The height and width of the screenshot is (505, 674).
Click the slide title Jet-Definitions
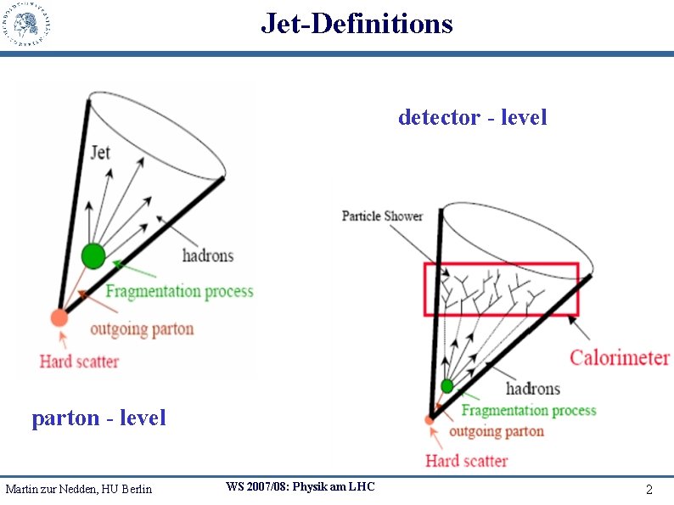pos(357,23)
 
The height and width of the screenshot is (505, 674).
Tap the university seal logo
pos(26,25)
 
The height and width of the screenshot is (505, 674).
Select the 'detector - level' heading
pos(472,117)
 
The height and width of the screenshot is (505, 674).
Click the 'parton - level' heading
pos(98,418)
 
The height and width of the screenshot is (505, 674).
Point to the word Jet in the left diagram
pos(100,154)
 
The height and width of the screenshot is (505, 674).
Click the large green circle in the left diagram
pos(93,255)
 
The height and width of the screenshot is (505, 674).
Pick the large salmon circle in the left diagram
pos(59,317)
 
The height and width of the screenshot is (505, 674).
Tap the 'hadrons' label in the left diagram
pos(207,255)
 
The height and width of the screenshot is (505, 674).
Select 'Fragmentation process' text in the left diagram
pos(179,291)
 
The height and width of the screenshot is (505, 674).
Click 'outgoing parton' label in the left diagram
pos(142,328)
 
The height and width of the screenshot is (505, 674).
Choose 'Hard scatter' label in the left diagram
pos(79,362)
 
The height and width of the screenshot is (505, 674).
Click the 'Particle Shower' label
pos(382,216)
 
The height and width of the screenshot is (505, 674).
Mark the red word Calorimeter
pos(620,357)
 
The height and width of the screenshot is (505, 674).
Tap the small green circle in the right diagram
pos(447,386)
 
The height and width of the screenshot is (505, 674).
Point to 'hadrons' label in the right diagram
pos(532,389)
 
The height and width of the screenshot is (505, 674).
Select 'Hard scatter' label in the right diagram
pos(466,461)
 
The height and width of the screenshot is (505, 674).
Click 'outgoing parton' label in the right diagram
pos(497,431)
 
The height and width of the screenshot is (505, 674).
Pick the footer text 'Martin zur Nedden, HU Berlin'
pos(78,489)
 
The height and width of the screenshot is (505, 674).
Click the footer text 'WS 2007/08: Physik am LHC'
pos(300,486)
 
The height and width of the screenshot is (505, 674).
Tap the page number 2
pos(649,490)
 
